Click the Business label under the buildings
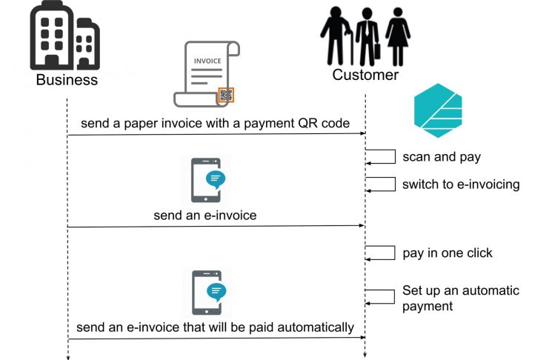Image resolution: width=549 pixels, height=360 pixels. point(67,79)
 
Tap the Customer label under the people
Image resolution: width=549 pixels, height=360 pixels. point(365,75)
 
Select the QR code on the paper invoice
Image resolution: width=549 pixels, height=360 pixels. point(226,95)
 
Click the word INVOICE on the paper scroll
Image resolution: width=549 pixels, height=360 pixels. point(207,61)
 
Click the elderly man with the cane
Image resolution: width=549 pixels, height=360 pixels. point(334,36)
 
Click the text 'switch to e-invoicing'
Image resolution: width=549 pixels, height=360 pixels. point(461,184)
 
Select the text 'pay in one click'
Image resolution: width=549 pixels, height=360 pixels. point(447,253)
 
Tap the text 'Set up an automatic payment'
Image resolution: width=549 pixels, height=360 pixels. point(460,298)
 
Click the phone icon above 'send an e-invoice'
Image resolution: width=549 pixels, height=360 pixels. point(207,179)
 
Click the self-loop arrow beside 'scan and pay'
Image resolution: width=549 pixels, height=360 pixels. point(382,157)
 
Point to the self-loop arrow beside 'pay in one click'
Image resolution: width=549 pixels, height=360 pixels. point(382,253)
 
